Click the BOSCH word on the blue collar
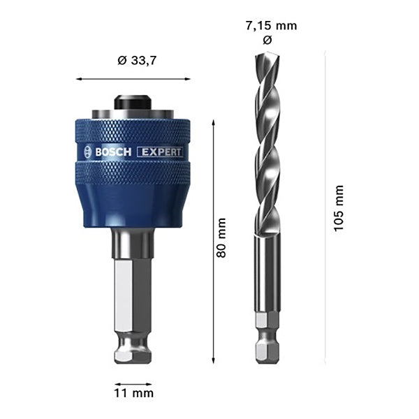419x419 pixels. pyautogui.click(x=113, y=152)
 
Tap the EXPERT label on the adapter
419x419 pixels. pyautogui.click(x=160, y=152)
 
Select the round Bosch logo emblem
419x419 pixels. pyautogui.click(x=88, y=152)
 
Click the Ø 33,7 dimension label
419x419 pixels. pyautogui.click(x=136, y=61)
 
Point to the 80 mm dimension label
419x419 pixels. pyautogui.click(x=221, y=238)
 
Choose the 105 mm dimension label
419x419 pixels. pyautogui.click(x=338, y=208)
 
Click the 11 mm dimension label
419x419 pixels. pyautogui.click(x=133, y=393)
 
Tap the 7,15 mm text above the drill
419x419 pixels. pyautogui.click(x=271, y=26)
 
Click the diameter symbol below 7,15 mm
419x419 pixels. pyautogui.click(x=267, y=41)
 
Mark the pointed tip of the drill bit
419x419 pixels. pyautogui.click(x=268, y=53)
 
